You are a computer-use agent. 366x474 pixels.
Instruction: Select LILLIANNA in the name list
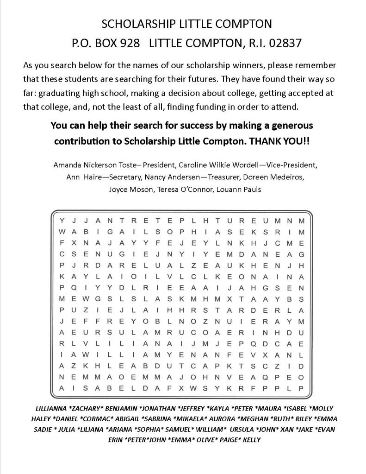(x=50, y=409)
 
